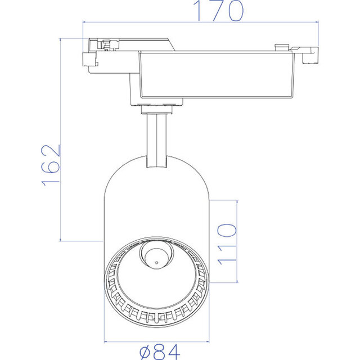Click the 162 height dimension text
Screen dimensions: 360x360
[x=50, y=164]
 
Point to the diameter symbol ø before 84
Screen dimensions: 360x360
[x=144, y=352]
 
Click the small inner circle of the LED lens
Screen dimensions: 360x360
[x=155, y=259]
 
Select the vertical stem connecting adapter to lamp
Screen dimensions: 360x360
[x=156, y=138]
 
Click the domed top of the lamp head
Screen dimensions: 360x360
[x=157, y=169]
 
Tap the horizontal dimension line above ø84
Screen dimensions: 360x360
[x=157, y=341]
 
